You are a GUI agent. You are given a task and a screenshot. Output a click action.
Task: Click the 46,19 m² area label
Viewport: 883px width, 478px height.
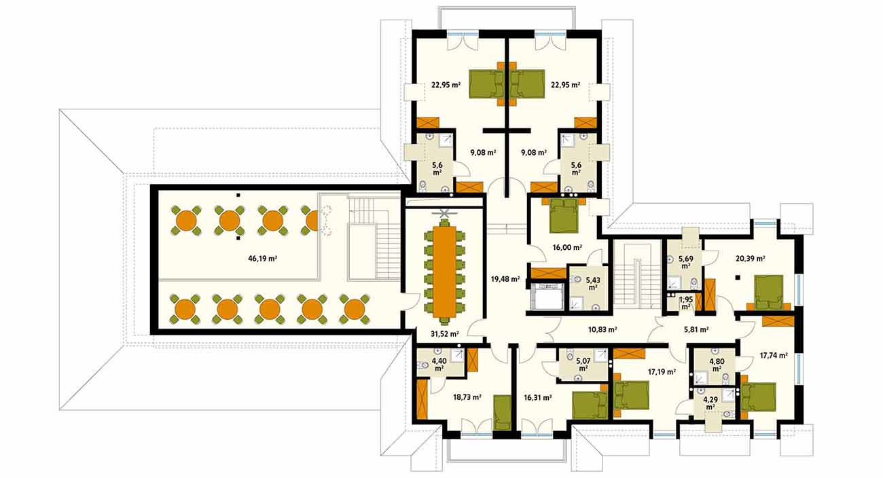pyautogui.click(x=263, y=259)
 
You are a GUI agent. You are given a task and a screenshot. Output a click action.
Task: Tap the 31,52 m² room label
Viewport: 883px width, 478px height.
pyautogui.click(x=445, y=334)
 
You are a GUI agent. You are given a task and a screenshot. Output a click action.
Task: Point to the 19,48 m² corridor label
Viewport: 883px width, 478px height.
pyautogui.click(x=505, y=279)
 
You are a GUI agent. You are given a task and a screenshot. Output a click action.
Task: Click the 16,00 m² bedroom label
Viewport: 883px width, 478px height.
pyautogui.click(x=567, y=247)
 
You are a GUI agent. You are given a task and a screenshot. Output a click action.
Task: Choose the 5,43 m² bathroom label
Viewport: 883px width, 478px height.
pyautogui.click(x=593, y=283)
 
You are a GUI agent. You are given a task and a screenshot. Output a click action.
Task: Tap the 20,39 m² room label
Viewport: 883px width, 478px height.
pyautogui.click(x=751, y=259)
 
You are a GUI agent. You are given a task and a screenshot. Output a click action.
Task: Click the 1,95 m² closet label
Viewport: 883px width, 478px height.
pyautogui.click(x=686, y=303)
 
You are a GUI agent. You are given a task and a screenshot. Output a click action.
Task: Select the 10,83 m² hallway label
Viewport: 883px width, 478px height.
pyautogui.click(x=602, y=329)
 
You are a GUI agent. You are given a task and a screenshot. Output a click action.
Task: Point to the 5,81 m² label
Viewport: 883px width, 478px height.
pyautogui.click(x=696, y=329)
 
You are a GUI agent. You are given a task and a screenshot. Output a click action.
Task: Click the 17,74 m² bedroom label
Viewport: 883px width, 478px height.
pyautogui.click(x=774, y=356)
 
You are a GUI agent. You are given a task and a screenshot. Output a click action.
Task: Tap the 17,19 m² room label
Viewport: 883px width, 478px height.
pyautogui.click(x=662, y=371)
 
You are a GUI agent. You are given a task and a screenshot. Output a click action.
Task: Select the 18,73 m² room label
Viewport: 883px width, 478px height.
pyautogui.click(x=467, y=397)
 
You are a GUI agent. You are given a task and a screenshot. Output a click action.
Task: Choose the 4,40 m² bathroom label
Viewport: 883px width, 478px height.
pyautogui.click(x=439, y=365)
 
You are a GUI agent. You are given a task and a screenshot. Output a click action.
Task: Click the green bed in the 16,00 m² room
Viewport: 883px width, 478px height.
pyautogui.click(x=564, y=215)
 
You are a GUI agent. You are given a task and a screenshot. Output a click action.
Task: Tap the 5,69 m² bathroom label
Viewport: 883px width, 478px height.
pyautogui.click(x=686, y=263)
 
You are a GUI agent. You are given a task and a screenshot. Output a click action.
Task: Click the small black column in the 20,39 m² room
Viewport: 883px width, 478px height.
pyautogui.click(x=738, y=278)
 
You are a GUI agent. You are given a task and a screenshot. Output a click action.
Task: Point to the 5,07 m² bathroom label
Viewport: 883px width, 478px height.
pyautogui.click(x=583, y=364)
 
